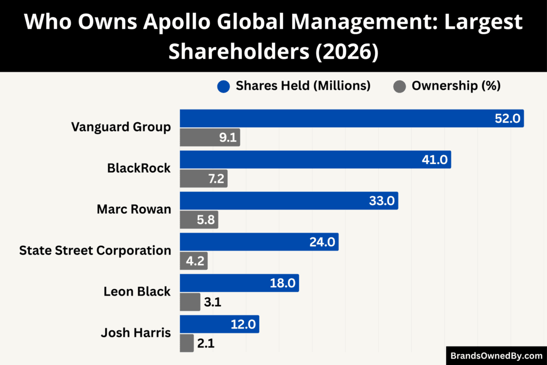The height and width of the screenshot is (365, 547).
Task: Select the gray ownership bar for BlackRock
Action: (204, 179)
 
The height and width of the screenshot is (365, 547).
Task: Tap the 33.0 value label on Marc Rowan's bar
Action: (382, 201)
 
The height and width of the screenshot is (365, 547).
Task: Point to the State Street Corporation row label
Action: (95, 250)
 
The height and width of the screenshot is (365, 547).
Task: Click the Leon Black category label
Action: (137, 291)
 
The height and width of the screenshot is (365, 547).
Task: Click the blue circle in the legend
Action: (224, 86)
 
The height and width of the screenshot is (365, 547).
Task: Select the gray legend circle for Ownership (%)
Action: (400, 86)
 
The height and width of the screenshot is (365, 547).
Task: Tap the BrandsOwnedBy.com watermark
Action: (496, 355)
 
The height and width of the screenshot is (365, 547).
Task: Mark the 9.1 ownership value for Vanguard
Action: (228, 138)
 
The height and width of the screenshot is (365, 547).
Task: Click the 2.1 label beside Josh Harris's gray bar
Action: (206, 344)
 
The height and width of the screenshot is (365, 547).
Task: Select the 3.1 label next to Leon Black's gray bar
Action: (212, 303)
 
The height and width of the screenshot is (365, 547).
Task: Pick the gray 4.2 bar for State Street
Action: (193, 261)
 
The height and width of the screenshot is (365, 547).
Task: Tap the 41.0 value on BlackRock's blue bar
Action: (435, 160)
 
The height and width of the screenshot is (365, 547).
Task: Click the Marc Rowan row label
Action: (134, 209)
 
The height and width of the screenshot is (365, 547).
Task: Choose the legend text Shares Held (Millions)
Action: (303, 86)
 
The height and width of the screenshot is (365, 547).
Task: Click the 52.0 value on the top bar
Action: (507, 119)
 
